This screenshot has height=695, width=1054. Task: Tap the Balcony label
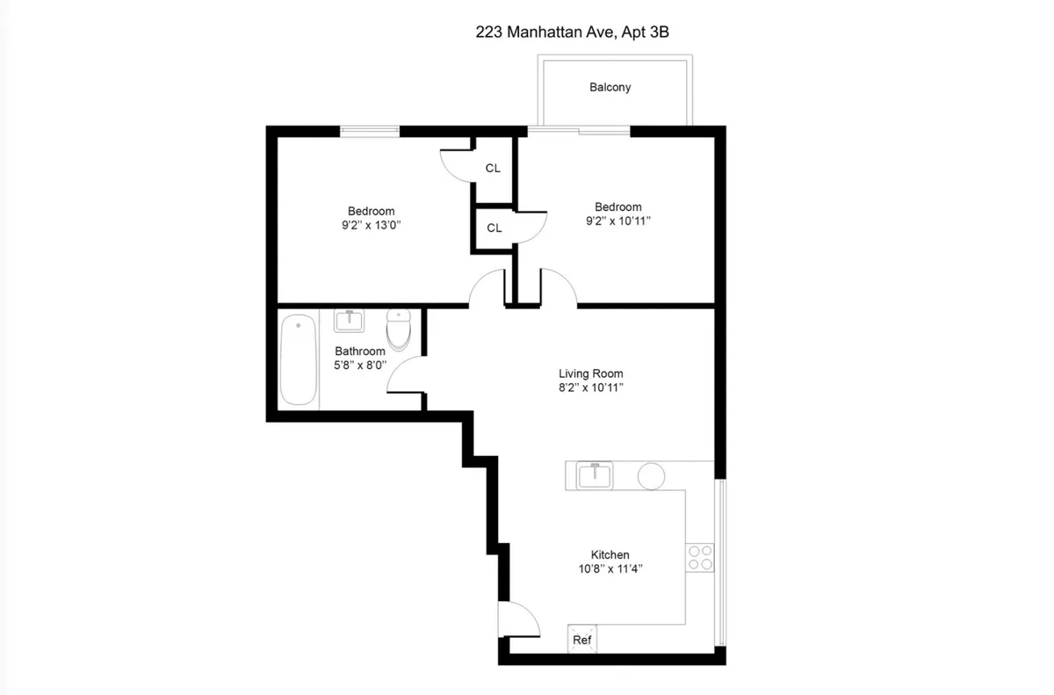pos(610,87)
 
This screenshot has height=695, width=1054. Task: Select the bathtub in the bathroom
pos(298,361)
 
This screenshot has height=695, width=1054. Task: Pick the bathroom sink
pos(350,321)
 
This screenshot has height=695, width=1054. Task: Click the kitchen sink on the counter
pos(596,476)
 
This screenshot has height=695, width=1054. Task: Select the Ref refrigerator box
pos(581,639)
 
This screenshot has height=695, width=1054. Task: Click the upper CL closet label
pos(493,168)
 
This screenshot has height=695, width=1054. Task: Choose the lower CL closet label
pos(495,228)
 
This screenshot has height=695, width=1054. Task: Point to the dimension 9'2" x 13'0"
pos(371,225)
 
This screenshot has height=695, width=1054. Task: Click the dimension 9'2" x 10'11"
pos(618,221)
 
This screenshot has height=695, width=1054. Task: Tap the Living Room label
pos(590,373)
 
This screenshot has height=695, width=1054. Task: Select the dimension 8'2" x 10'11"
pos(590,387)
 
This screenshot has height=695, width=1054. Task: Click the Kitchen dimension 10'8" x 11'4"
pos(610,569)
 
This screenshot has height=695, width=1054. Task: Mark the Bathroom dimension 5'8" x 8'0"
pos(359,365)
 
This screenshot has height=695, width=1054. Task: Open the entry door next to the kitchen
pos(518,619)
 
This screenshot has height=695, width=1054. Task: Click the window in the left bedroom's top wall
pos(369,132)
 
